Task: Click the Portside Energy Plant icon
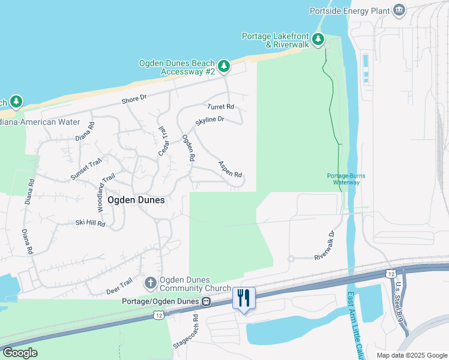pyautogui.click(x=399, y=10)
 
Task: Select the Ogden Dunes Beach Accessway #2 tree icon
pyautogui.click(x=223, y=65)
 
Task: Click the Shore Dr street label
pyautogui.click(x=134, y=101)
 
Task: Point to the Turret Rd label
pyautogui.click(x=220, y=107)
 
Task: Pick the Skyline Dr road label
pyautogui.click(x=209, y=121)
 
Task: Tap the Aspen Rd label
pyautogui.click(x=230, y=170)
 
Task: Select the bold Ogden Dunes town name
pyautogui.click(x=136, y=200)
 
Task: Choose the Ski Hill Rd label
pyautogui.click(x=90, y=223)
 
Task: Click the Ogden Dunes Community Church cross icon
pyautogui.click(x=150, y=282)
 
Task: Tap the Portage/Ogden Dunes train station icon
pyautogui.click(x=206, y=301)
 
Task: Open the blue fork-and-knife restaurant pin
pyautogui.click(x=244, y=298)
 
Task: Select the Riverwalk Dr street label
pyautogui.click(x=324, y=246)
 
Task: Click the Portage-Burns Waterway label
pyautogui.click(x=346, y=179)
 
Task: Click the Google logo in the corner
pyautogui.click(x=20, y=353)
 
